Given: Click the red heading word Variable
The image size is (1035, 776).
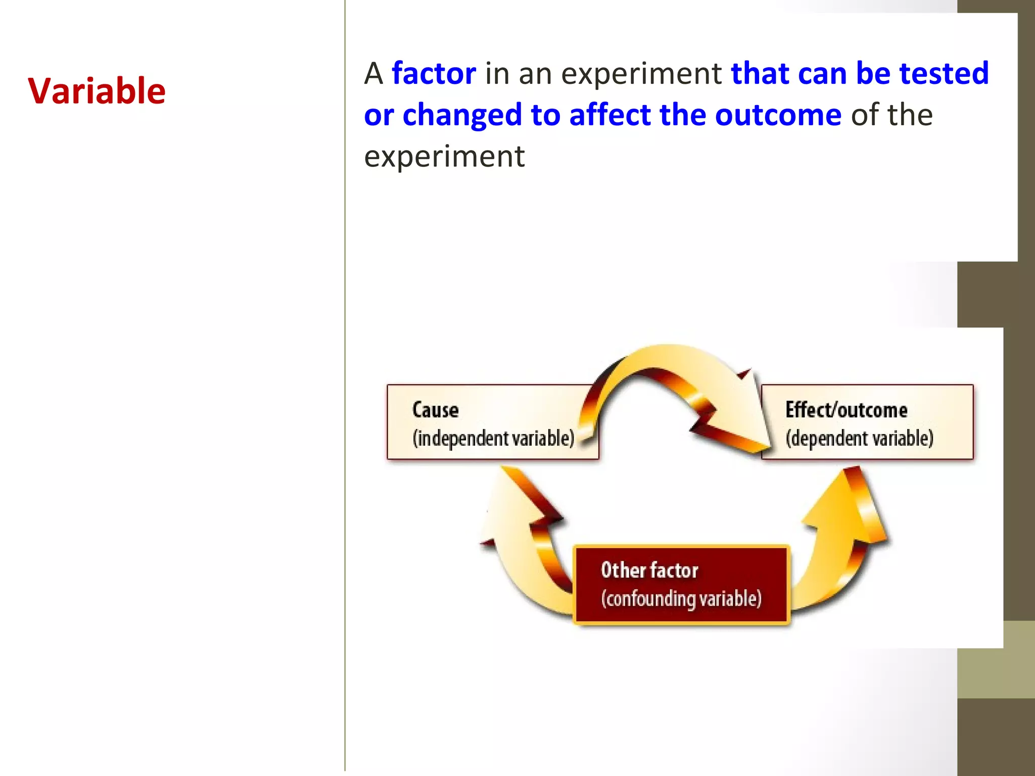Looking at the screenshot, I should point(97,91).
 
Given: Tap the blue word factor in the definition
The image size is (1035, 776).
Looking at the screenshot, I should point(434,73).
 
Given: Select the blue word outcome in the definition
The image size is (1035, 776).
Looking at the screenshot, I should point(778,115).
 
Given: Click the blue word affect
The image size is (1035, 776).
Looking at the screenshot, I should point(609,115).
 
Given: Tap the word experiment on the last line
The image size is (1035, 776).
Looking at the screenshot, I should point(444,156).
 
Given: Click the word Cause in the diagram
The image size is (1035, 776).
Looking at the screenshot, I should point(435,410).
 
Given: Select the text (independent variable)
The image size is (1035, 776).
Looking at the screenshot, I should point(493,438).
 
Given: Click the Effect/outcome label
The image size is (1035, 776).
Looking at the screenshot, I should point(846,410).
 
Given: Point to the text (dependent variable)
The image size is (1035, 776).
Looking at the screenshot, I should point(859,438).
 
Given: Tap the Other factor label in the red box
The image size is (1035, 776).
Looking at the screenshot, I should point(649,570).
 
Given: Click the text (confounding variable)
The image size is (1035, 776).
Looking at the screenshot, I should point(681,599).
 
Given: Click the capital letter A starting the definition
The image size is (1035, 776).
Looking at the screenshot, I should point(373,74).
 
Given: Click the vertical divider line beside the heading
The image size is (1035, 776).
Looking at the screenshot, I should point(345,384).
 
